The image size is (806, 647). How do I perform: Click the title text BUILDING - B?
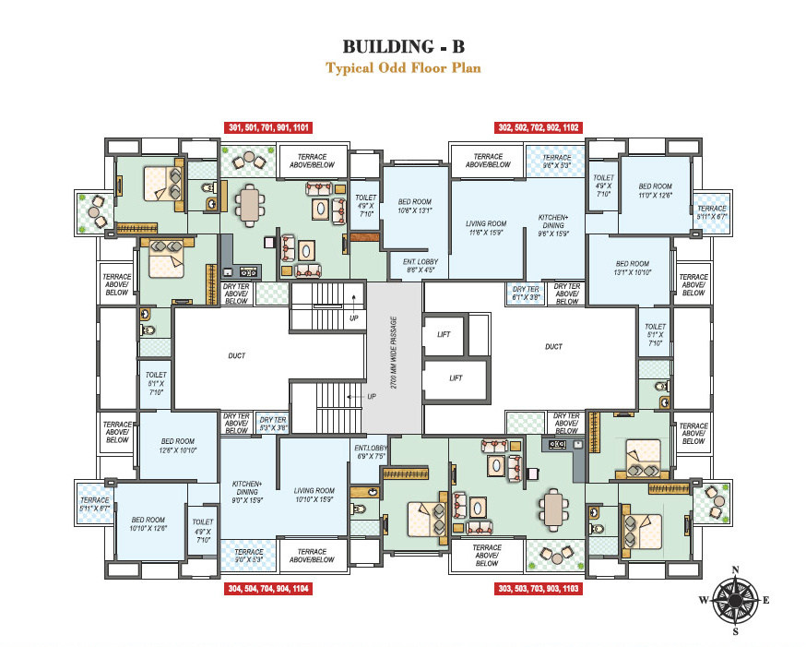402,46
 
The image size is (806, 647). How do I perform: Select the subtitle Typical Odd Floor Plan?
402,68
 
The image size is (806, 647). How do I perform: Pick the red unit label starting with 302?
539,128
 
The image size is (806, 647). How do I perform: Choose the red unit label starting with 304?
267,588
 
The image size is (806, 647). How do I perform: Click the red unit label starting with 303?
539,588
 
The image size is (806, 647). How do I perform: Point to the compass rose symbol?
734,600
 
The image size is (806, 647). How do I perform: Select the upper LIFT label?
444,334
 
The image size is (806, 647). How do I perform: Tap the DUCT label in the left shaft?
237,356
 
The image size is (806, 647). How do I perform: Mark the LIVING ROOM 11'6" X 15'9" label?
485,228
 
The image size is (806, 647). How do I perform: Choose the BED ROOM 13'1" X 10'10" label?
634,269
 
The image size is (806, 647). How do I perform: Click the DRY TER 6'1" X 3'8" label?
525,294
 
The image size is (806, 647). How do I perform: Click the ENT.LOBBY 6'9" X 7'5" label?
371,451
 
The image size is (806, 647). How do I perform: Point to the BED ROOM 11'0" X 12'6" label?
656,191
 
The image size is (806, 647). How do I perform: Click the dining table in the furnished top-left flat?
250,204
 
